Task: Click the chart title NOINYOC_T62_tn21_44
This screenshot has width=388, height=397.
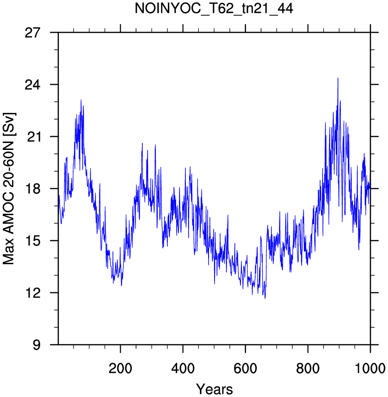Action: pos(214,9)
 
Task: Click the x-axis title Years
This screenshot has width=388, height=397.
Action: pos(215,389)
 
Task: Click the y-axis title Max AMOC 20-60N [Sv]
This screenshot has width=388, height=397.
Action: pos(9,188)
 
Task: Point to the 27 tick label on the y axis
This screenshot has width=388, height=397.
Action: pos(32,33)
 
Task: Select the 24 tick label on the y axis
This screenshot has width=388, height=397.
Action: pos(32,85)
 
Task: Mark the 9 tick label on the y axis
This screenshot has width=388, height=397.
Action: pos(37,345)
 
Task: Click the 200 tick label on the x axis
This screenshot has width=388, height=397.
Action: pos(120,368)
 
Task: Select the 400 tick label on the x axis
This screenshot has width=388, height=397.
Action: pos(183,368)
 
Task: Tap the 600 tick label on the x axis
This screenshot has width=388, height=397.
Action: pos(245,368)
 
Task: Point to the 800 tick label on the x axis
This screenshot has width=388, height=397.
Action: pos(308,368)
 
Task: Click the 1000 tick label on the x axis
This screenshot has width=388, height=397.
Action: pos(370,368)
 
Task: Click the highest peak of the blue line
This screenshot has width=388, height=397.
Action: pos(338,78)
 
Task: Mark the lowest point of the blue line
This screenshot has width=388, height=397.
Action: pos(265,298)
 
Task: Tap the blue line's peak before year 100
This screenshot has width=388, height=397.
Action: pos(81,100)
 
